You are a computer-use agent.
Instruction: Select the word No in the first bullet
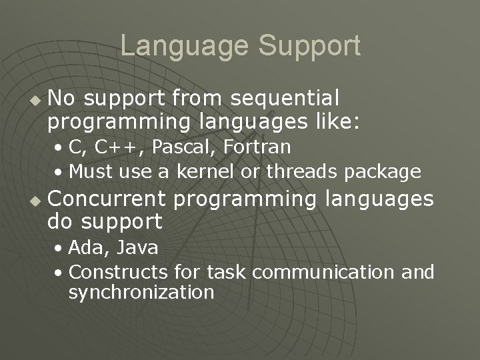[x=62, y=99]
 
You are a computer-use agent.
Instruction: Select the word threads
[x=303, y=172]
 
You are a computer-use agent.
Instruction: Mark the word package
[x=383, y=172]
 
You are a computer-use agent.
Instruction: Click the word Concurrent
[x=109, y=199]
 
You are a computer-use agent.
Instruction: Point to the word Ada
[x=84, y=248]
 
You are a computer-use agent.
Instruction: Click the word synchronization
[x=141, y=292]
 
